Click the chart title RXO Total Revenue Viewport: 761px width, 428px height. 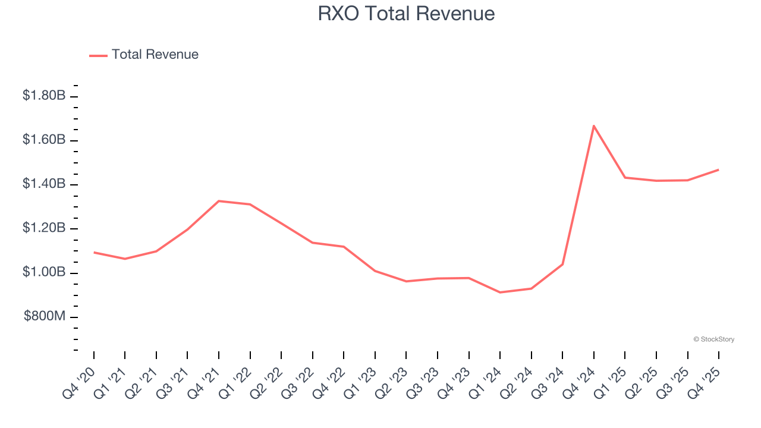406,14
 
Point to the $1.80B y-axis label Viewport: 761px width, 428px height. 44,95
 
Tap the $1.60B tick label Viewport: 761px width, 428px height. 44,140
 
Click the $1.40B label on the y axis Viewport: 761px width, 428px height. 44,184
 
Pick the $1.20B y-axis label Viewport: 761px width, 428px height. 44,228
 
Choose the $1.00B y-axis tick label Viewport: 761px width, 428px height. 44,272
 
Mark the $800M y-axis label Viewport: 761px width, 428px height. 45,316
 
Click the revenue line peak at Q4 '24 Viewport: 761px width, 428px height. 593,126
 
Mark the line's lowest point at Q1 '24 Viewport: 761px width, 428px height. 500,292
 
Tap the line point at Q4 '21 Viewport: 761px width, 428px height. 219,201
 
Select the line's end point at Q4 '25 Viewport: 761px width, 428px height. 718,170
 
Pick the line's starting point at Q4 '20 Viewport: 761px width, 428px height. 94,253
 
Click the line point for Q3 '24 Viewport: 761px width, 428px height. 562,264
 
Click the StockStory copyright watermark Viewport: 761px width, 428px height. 713,339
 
